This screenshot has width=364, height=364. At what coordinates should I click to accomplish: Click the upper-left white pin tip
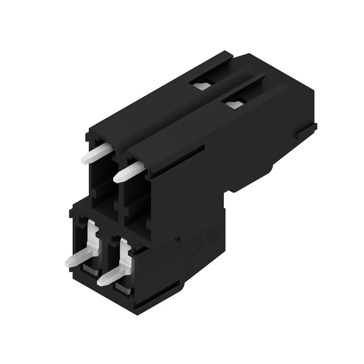click(86, 159)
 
